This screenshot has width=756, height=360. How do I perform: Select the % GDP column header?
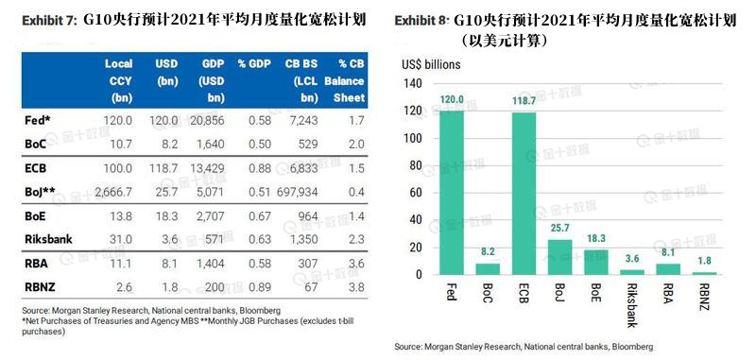pos(254,63)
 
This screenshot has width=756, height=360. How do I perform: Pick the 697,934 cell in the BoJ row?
pos(301,193)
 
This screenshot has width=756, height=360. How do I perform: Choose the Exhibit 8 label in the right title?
pos(420,19)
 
